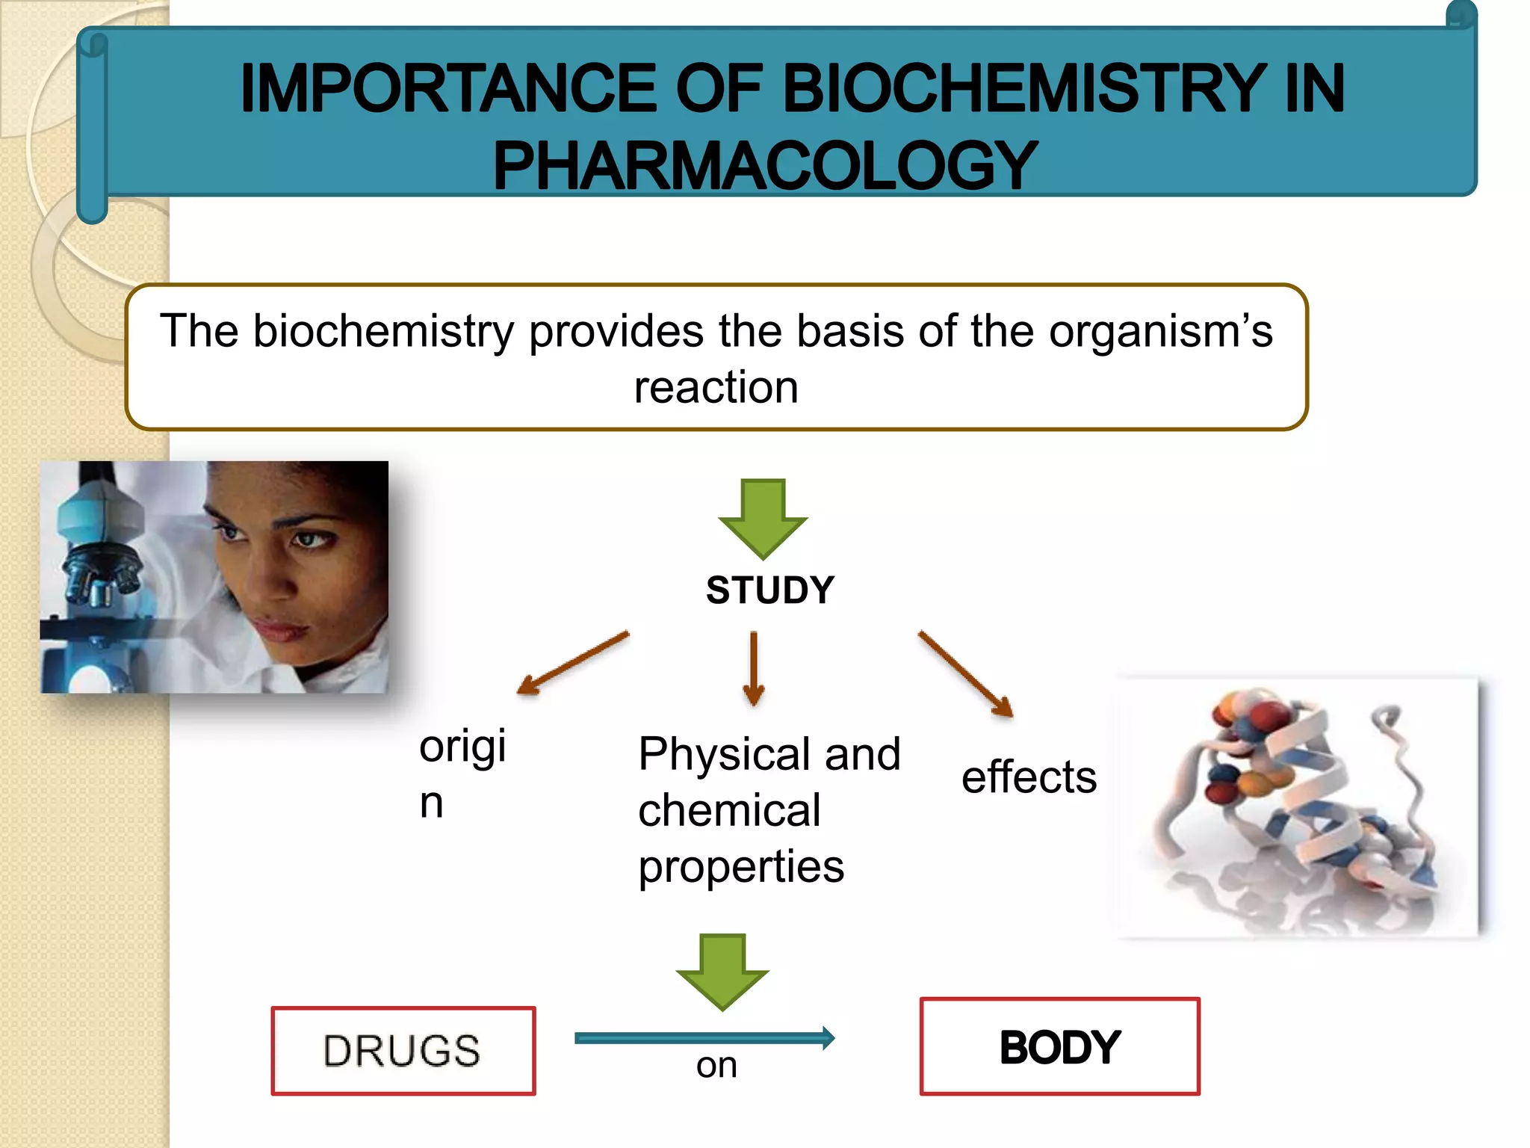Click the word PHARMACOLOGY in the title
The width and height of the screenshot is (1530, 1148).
click(x=764, y=167)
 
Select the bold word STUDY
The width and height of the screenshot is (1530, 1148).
click(x=769, y=590)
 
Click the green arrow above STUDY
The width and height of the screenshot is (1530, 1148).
click(x=763, y=519)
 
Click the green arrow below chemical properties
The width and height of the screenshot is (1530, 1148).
click(x=722, y=972)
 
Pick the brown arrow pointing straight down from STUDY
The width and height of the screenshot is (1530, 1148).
click(x=754, y=667)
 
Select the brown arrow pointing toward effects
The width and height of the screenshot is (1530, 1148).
click(x=965, y=673)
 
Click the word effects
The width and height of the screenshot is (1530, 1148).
click(x=1029, y=777)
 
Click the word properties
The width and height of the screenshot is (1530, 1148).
click(x=741, y=867)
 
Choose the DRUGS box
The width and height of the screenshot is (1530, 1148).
click(x=403, y=1050)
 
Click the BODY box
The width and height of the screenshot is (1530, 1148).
click(x=1059, y=1046)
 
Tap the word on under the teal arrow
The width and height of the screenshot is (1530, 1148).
click(x=716, y=1065)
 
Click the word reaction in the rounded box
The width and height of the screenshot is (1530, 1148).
click(x=716, y=387)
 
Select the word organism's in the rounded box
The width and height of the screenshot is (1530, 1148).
click(x=1160, y=331)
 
